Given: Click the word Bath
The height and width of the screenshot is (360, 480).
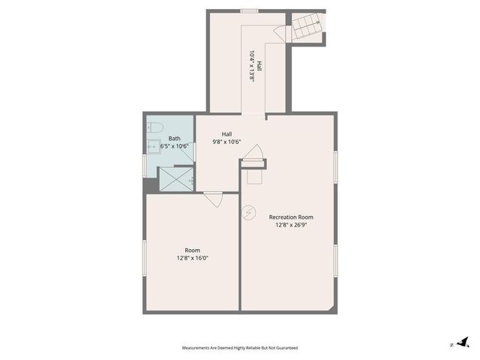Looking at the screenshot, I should pyautogui.click(x=174, y=138).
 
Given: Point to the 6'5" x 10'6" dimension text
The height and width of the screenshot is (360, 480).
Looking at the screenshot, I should pyautogui.click(x=173, y=146).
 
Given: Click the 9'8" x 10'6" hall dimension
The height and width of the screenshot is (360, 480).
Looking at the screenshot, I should pyautogui.click(x=226, y=142).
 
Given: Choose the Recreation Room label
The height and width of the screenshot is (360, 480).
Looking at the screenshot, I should pyautogui.click(x=291, y=217).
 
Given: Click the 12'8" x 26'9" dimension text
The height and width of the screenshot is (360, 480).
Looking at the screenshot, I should pyautogui.click(x=291, y=225).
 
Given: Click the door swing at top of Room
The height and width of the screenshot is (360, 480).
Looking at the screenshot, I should pyautogui.click(x=213, y=199).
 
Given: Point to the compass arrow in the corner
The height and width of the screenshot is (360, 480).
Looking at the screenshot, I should pyautogui.click(x=462, y=343).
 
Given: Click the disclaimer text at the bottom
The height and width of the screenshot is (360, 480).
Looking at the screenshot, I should pyautogui.click(x=240, y=347).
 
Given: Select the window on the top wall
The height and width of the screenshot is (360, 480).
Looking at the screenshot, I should pyautogui.click(x=249, y=10).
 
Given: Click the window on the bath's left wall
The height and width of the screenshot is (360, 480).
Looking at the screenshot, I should pyautogui.click(x=144, y=166).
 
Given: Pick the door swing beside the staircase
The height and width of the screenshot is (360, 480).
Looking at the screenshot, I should pyautogui.click(x=282, y=33).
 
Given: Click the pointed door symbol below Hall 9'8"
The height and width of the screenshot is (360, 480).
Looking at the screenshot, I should pyautogui.click(x=253, y=152).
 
